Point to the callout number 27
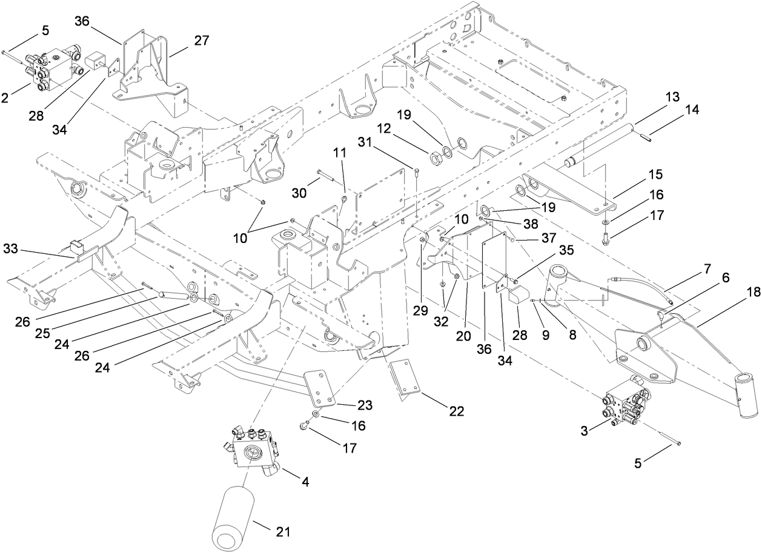pyautogui.click(x=201, y=41)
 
